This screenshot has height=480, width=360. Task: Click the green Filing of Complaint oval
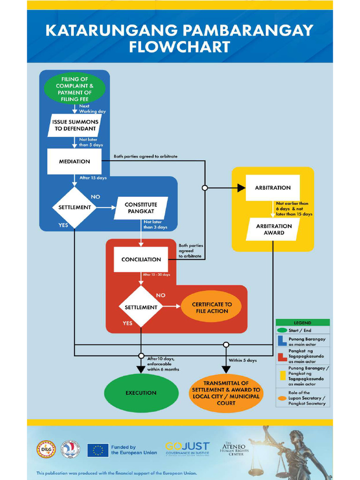coord(75,89)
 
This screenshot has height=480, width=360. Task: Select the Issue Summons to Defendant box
coord(75,125)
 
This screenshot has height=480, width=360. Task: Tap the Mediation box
coord(75,161)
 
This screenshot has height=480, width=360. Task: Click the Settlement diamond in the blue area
coord(75,207)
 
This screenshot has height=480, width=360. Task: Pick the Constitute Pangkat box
coord(141,208)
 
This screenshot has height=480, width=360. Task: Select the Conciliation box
coord(141,259)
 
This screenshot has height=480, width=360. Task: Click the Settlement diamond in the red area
coord(141,307)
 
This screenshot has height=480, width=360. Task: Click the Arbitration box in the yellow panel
coord(273,187)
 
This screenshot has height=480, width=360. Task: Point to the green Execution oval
coord(141,393)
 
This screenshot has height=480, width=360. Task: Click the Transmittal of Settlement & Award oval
coord(226,393)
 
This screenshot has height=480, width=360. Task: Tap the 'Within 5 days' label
coord(242,360)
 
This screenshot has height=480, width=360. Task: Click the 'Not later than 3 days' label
coord(155,225)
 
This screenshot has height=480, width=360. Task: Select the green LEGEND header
coord(302,323)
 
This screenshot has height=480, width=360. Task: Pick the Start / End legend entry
coord(302,330)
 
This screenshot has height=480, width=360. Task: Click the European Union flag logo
coord(97,450)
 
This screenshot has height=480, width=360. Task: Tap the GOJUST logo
coord(187,449)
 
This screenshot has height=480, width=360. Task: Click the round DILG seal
coord(46,449)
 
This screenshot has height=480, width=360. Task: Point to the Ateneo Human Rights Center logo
coord(234,449)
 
